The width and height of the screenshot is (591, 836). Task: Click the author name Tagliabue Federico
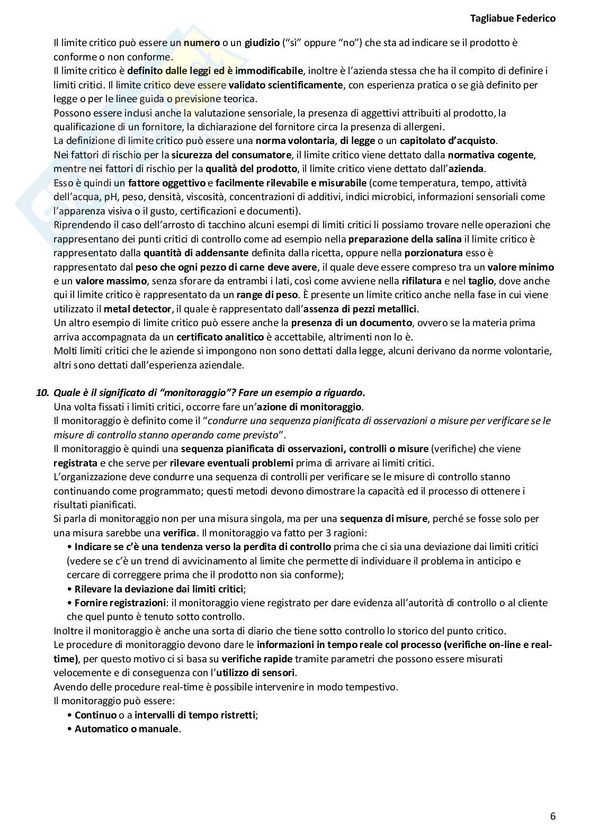pos(513,19)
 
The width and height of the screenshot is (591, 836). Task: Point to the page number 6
pos(553,816)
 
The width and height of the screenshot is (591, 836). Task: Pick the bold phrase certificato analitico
pos(220,337)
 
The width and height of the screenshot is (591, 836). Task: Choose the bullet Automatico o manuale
pos(127,729)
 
